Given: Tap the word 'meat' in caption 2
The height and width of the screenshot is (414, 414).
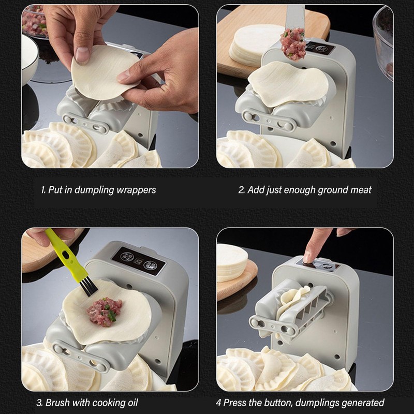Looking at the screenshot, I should (x=361, y=190).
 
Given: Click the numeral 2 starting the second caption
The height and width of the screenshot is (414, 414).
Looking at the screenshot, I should (x=241, y=190).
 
